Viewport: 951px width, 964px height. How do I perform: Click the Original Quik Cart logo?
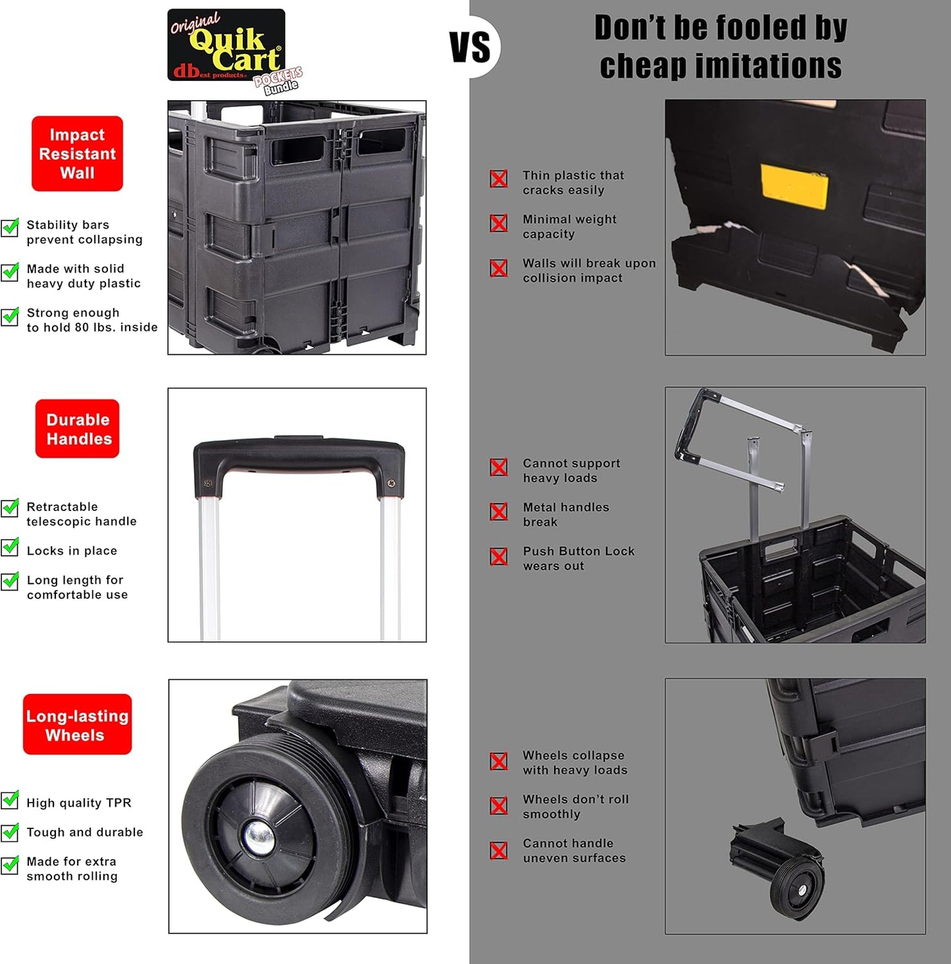click(226, 46)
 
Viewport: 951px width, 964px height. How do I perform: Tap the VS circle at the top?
click(471, 47)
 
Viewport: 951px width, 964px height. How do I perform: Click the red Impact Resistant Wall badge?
click(77, 153)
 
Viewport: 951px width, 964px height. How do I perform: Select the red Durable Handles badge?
click(78, 429)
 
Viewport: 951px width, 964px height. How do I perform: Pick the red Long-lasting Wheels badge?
click(77, 724)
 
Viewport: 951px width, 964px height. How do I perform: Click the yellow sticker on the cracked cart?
click(794, 186)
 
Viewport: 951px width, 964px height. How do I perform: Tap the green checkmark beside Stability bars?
click(10, 227)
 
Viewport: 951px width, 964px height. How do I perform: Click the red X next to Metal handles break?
click(499, 512)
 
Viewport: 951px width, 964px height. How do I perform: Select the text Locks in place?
click(72, 550)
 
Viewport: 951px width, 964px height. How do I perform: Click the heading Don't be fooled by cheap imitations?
click(721, 47)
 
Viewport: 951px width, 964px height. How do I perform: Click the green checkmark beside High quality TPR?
click(10, 799)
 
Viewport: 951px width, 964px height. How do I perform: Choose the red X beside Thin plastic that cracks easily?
click(499, 178)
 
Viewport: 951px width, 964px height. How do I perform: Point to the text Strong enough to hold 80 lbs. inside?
click(91, 320)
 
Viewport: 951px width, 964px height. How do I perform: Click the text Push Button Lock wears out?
click(578, 558)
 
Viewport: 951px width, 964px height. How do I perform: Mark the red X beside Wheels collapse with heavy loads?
click(499, 761)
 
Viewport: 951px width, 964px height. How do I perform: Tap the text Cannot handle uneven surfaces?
click(574, 851)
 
